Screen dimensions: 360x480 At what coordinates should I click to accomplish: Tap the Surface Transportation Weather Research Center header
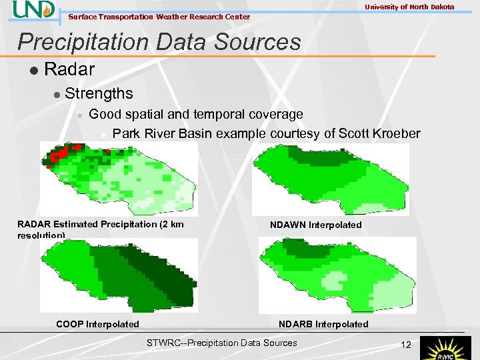[159, 17]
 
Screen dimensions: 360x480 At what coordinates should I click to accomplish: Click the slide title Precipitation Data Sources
[159, 42]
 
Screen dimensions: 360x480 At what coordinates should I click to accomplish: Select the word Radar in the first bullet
[69, 69]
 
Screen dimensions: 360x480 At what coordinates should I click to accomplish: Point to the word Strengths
[99, 93]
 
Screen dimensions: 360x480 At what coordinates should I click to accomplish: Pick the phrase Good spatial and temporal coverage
[195, 115]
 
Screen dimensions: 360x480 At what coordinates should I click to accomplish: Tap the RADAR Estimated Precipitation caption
[100, 225]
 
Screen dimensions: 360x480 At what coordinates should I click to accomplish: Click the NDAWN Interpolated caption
[315, 225]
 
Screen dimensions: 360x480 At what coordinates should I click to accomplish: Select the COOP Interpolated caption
[97, 324]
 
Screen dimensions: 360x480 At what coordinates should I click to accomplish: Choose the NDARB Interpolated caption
[323, 324]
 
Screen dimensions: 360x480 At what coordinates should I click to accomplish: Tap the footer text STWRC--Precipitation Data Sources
[221, 343]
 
